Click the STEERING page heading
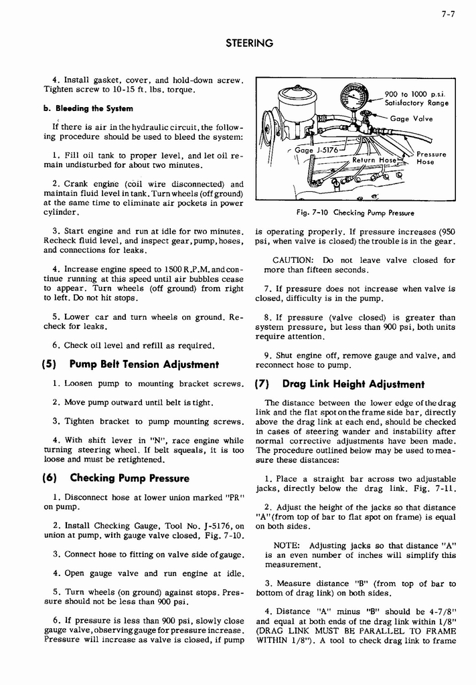click(x=248, y=43)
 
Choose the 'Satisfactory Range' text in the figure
click(x=416, y=103)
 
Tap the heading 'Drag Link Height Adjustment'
click(x=353, y=384)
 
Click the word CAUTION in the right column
click(x=293, y=260)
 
